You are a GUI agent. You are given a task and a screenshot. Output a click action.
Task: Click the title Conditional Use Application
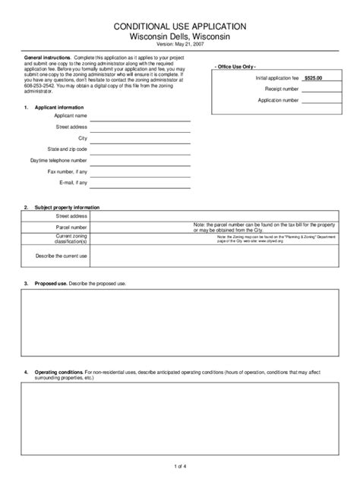[180, 26]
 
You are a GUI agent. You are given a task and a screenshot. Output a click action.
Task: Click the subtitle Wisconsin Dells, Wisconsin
[180, 36]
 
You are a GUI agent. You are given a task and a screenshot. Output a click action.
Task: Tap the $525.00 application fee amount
[314, 78]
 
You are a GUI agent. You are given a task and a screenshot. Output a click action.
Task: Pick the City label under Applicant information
[83, 139]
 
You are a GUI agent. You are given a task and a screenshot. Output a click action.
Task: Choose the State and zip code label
[67, 150]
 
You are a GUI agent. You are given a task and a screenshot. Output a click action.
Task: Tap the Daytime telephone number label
[59, 161]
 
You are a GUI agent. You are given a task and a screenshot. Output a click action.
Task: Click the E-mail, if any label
[71, 183]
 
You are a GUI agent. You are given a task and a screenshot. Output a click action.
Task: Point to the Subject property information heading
[67, 207]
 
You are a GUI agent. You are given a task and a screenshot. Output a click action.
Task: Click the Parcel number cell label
[71, 227]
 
